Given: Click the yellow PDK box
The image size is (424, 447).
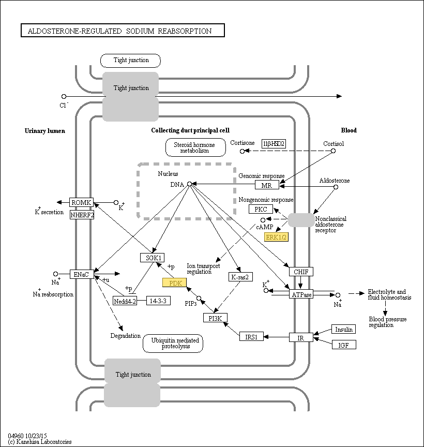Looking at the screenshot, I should [x=174, y=282].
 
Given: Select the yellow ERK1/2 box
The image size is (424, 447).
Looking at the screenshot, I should [x=276, y=237].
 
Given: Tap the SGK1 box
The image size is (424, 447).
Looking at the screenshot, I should [x=152, y=257].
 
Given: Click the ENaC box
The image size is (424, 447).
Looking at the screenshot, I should [x=82, y=274].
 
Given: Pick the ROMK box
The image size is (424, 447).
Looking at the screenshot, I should [x=82, y=202].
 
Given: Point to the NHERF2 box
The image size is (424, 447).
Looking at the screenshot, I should [x=82, y=214].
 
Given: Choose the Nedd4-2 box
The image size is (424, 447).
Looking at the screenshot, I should [x=125, y=301].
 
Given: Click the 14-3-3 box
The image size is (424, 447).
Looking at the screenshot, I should [x=158, y=301].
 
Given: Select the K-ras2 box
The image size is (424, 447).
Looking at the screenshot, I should [x=240, y=277].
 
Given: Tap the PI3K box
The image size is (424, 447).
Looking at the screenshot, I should [x=215, y=318].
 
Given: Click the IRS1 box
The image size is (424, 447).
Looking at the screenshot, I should [x=252, y=336].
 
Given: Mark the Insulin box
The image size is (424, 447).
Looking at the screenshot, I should [x=344, y=330].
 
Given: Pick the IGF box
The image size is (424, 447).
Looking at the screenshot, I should [x=344, y=345].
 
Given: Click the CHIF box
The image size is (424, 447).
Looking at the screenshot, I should [x=300, y=271].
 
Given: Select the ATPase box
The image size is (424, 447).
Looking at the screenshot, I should [x=301, y=294].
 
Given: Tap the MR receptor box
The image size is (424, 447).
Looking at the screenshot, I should [x=267, y=185].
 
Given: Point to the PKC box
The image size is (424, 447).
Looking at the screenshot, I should [x=260, y=209].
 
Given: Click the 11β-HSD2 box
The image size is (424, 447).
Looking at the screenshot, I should [x=274, y=143].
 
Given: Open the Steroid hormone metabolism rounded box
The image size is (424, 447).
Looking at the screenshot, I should [x=195, y=147].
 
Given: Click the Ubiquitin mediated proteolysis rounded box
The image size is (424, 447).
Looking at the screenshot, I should [x=173, y=343].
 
